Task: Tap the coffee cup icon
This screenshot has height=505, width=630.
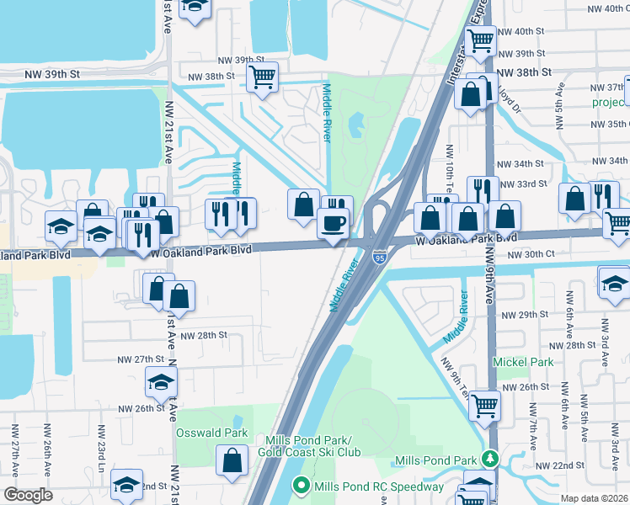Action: pos(332,224)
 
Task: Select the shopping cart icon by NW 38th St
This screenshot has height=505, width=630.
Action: pos(263,77)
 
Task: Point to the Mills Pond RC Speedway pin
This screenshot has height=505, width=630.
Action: pos(301,486)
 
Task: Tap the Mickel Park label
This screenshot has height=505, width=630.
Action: pos(522,362)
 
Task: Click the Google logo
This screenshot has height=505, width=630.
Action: pos(27,495)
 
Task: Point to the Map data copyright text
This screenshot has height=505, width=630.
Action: pos(595,498)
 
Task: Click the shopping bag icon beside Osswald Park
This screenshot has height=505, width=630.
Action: pos(232,460)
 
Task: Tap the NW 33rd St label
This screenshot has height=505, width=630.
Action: pos(526,183)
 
